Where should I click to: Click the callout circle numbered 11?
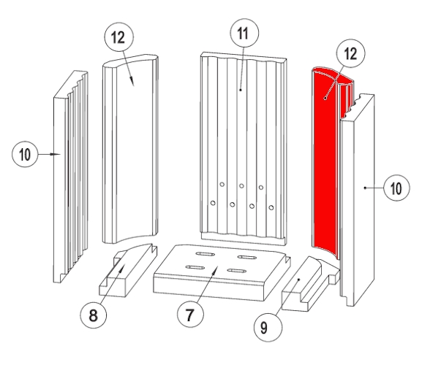(244, 33)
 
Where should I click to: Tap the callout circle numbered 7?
(190, 314)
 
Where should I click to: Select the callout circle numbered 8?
(93, 315)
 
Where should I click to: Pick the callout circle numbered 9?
(268, 328)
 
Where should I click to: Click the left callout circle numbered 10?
(25, 154)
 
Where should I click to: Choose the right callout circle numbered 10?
(396, 188)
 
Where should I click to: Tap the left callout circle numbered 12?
(118, 36)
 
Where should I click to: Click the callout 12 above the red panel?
(350, 53)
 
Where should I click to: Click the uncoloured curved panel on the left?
(130, 149)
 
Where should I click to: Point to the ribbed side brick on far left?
(70, 177)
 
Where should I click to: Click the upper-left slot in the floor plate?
(205, 254)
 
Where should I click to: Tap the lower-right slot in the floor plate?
(236, 271)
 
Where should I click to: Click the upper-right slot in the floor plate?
(247, 257)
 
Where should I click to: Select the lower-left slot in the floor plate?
(195, 267)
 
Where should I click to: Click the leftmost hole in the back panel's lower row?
(213, 203)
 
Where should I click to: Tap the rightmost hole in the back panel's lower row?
(271, 207)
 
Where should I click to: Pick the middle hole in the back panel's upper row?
(241, 186)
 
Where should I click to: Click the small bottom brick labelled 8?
(128, 270)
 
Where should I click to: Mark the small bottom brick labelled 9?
(311, 284)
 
